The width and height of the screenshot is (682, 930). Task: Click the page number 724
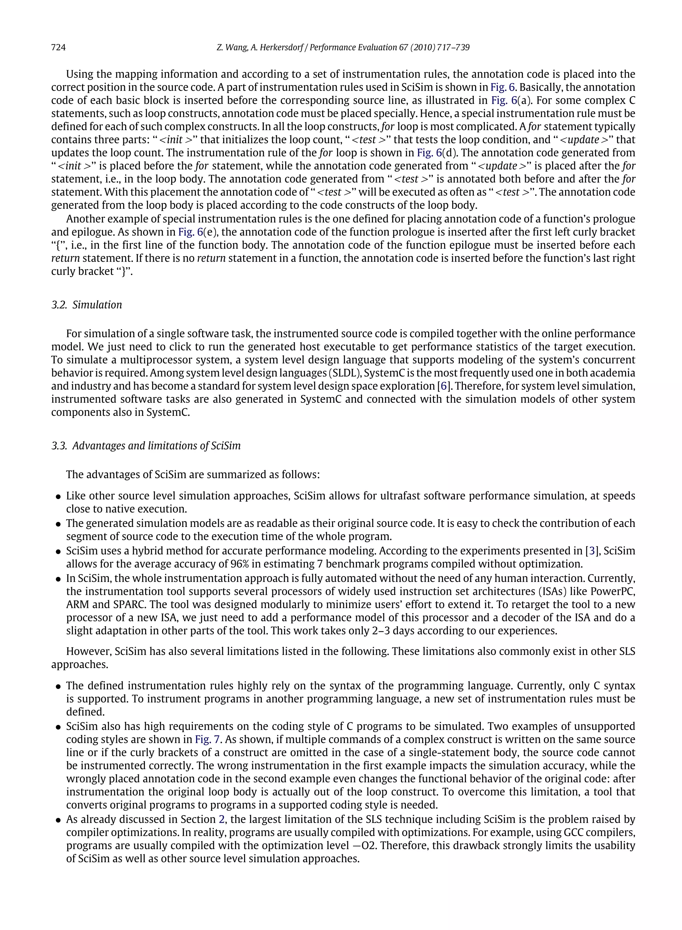click(58, 48)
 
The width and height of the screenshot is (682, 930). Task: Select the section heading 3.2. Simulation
click(87, 305)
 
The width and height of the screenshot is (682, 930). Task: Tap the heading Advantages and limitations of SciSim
click(156, 446)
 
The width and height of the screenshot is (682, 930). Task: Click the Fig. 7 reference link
click(205, 739)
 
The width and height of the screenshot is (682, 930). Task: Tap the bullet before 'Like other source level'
click(58, 497)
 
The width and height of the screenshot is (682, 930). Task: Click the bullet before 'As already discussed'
click(58, 820)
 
